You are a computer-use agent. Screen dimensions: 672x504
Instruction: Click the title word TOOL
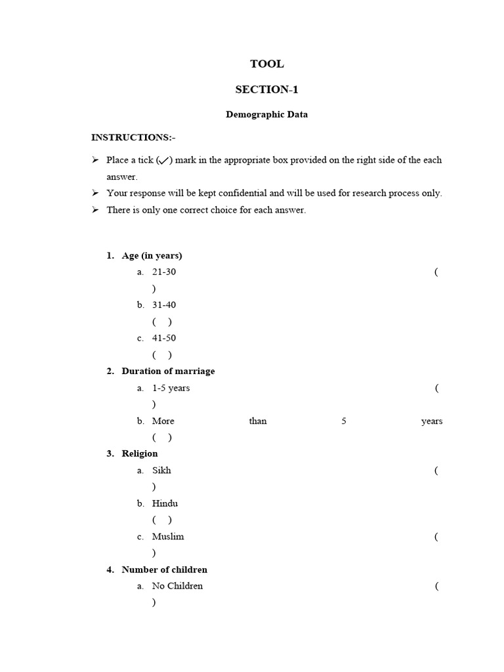click(266, 64)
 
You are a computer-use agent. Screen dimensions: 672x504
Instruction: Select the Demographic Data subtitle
click(266, 114)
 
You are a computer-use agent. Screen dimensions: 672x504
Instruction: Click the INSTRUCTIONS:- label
click(133, 137)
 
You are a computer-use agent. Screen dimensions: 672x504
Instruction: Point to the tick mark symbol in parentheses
click(164, 160)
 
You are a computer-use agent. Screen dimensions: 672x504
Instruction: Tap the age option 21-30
click(164, 272)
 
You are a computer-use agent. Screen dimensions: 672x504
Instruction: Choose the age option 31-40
click(164, 304)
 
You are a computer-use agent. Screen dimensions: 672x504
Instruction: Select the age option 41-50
click(164, 338)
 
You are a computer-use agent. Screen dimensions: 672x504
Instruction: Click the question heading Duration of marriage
click(168, 371)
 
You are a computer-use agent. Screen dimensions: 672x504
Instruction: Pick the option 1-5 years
click(171, 388)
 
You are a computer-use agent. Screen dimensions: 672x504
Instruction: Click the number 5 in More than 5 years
click(343, 421)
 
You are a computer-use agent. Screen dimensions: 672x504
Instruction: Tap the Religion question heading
click(139, 453)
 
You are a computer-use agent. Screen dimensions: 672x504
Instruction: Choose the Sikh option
click(161, 471)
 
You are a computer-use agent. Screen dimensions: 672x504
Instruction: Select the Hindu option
click(165, 503)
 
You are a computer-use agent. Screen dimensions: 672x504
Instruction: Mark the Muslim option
click(168, 536)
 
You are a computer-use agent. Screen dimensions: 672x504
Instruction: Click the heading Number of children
click(164, 570)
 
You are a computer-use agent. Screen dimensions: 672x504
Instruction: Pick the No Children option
click(177, 586)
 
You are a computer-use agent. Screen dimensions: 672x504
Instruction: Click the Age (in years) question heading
click(152, 255)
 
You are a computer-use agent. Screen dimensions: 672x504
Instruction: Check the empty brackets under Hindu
click(162, 520)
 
